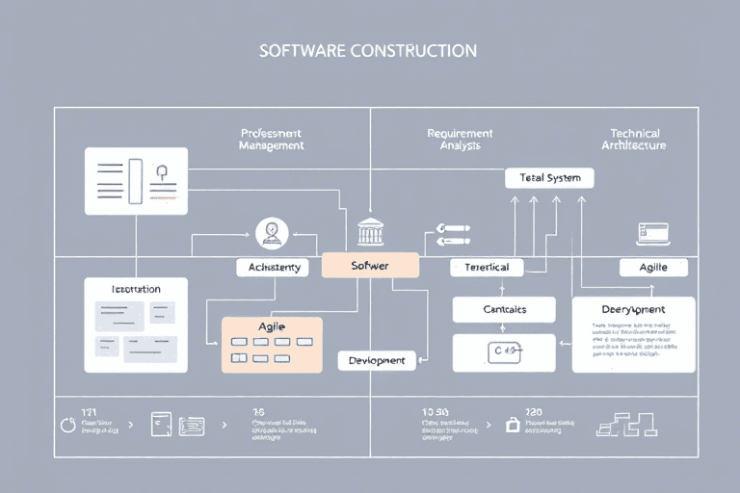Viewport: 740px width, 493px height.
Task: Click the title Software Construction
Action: [368, 50]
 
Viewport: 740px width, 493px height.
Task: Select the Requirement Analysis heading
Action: [460, 140]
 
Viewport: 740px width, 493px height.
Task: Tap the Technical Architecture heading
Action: [634, 140]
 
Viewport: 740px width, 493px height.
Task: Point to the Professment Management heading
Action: [271, 140]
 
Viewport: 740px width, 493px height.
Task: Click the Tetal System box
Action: [549, 178]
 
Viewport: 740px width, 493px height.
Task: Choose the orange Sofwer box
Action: [370, 265]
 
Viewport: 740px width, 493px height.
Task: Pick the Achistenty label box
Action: [274, 267]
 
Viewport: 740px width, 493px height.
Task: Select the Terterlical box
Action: [487, 267]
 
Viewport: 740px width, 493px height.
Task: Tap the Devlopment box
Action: [377, 360]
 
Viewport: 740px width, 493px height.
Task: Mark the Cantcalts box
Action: [504, 309]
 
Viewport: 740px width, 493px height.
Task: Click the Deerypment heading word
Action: [633, 309]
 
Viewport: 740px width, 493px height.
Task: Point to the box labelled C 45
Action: [504, 352]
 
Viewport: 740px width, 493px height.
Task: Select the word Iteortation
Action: [136, 289]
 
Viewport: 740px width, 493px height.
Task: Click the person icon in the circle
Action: [272, 231]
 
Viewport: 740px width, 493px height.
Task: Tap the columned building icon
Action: [370, 232]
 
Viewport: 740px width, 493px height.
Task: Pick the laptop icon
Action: [652, 232]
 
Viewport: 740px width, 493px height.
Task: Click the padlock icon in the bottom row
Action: [514, 423]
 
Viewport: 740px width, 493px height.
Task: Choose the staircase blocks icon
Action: [627, 424]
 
